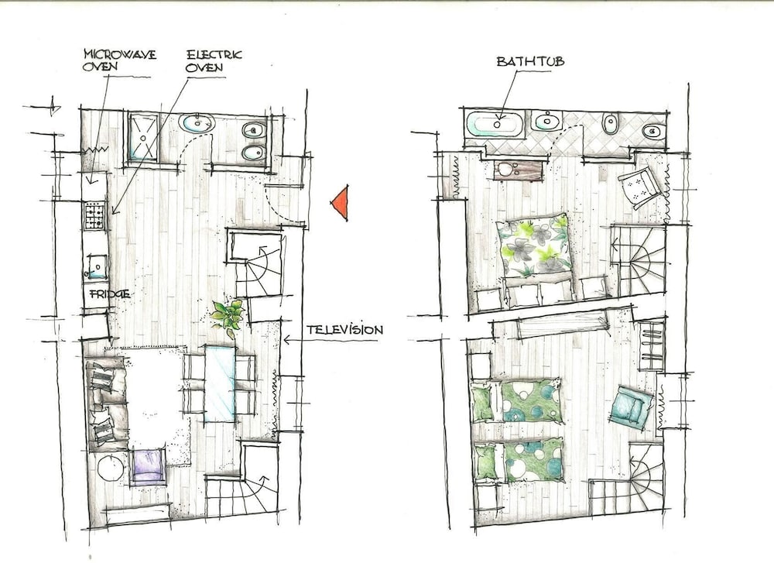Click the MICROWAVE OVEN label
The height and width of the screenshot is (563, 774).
120,60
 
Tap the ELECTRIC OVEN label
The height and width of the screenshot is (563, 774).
214,60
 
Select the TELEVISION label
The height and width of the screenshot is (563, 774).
344,330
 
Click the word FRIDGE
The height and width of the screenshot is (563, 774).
110,294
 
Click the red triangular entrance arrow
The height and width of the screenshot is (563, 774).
340,202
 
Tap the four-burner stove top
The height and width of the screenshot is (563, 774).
95,216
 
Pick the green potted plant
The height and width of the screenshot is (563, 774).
228,316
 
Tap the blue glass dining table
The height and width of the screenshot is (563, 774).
220,384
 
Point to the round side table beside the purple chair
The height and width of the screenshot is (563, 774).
110,468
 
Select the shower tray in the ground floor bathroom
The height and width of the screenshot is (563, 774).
143,137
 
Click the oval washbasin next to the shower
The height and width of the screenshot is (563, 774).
197,123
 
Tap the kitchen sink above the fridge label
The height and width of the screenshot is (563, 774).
97,266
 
